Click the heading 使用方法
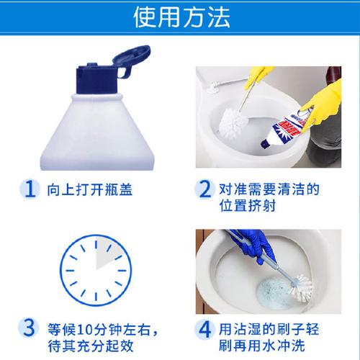[x=181, y=17]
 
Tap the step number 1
[x=30, y=189]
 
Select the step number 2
[x=204, y=189]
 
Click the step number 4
[x=204, y=330]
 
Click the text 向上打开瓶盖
[x=89, y=189]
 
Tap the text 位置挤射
[x=248, y=205]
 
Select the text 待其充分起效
[x=91, y=346]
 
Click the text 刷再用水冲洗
[x=262, y=346]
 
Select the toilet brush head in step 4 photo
[x=302, y=288]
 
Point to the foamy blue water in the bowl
[x=274, y=293]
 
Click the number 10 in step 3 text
[x=86, y=330]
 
